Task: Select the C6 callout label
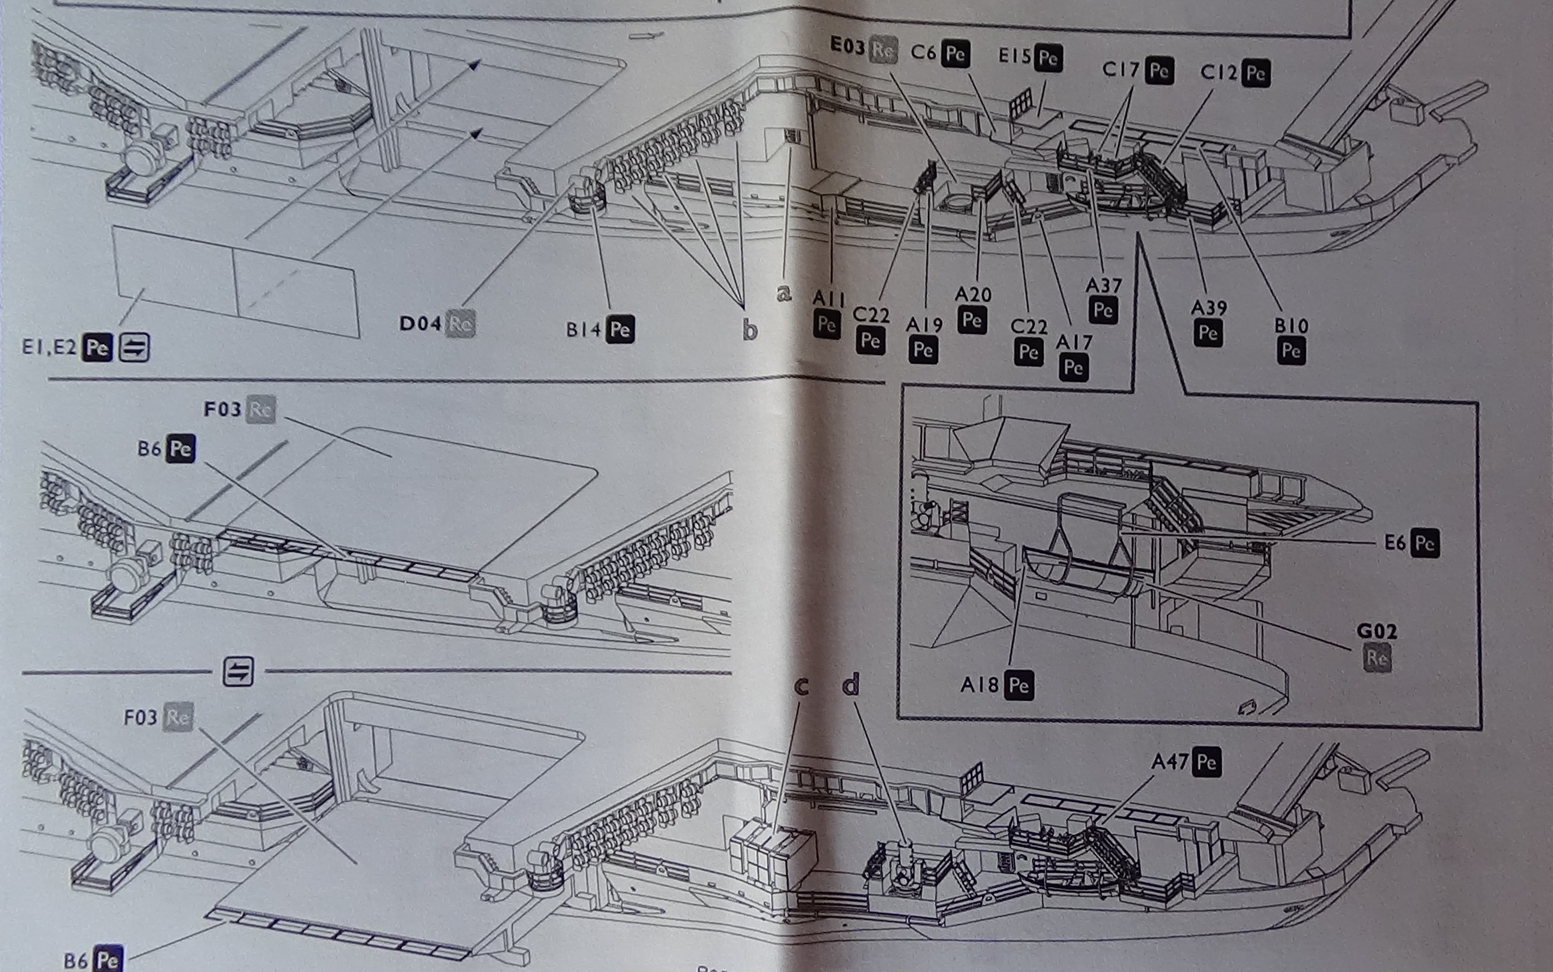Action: (x=923, y=51)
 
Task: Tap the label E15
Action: (x=1014, y=56)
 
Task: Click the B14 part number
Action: (x=583, y=329)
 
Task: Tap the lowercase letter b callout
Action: (x=750, y=330)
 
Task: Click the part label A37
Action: (x=1103, y=285)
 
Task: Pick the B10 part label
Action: (x=1291, y=326)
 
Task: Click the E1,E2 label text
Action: (x=49, y=347)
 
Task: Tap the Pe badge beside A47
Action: (x=1206, y=763)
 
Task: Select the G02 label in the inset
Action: (x=1376, y=631)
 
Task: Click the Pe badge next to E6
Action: (x=1424, y=543)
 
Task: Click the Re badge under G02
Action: (x=1377, y=657)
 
